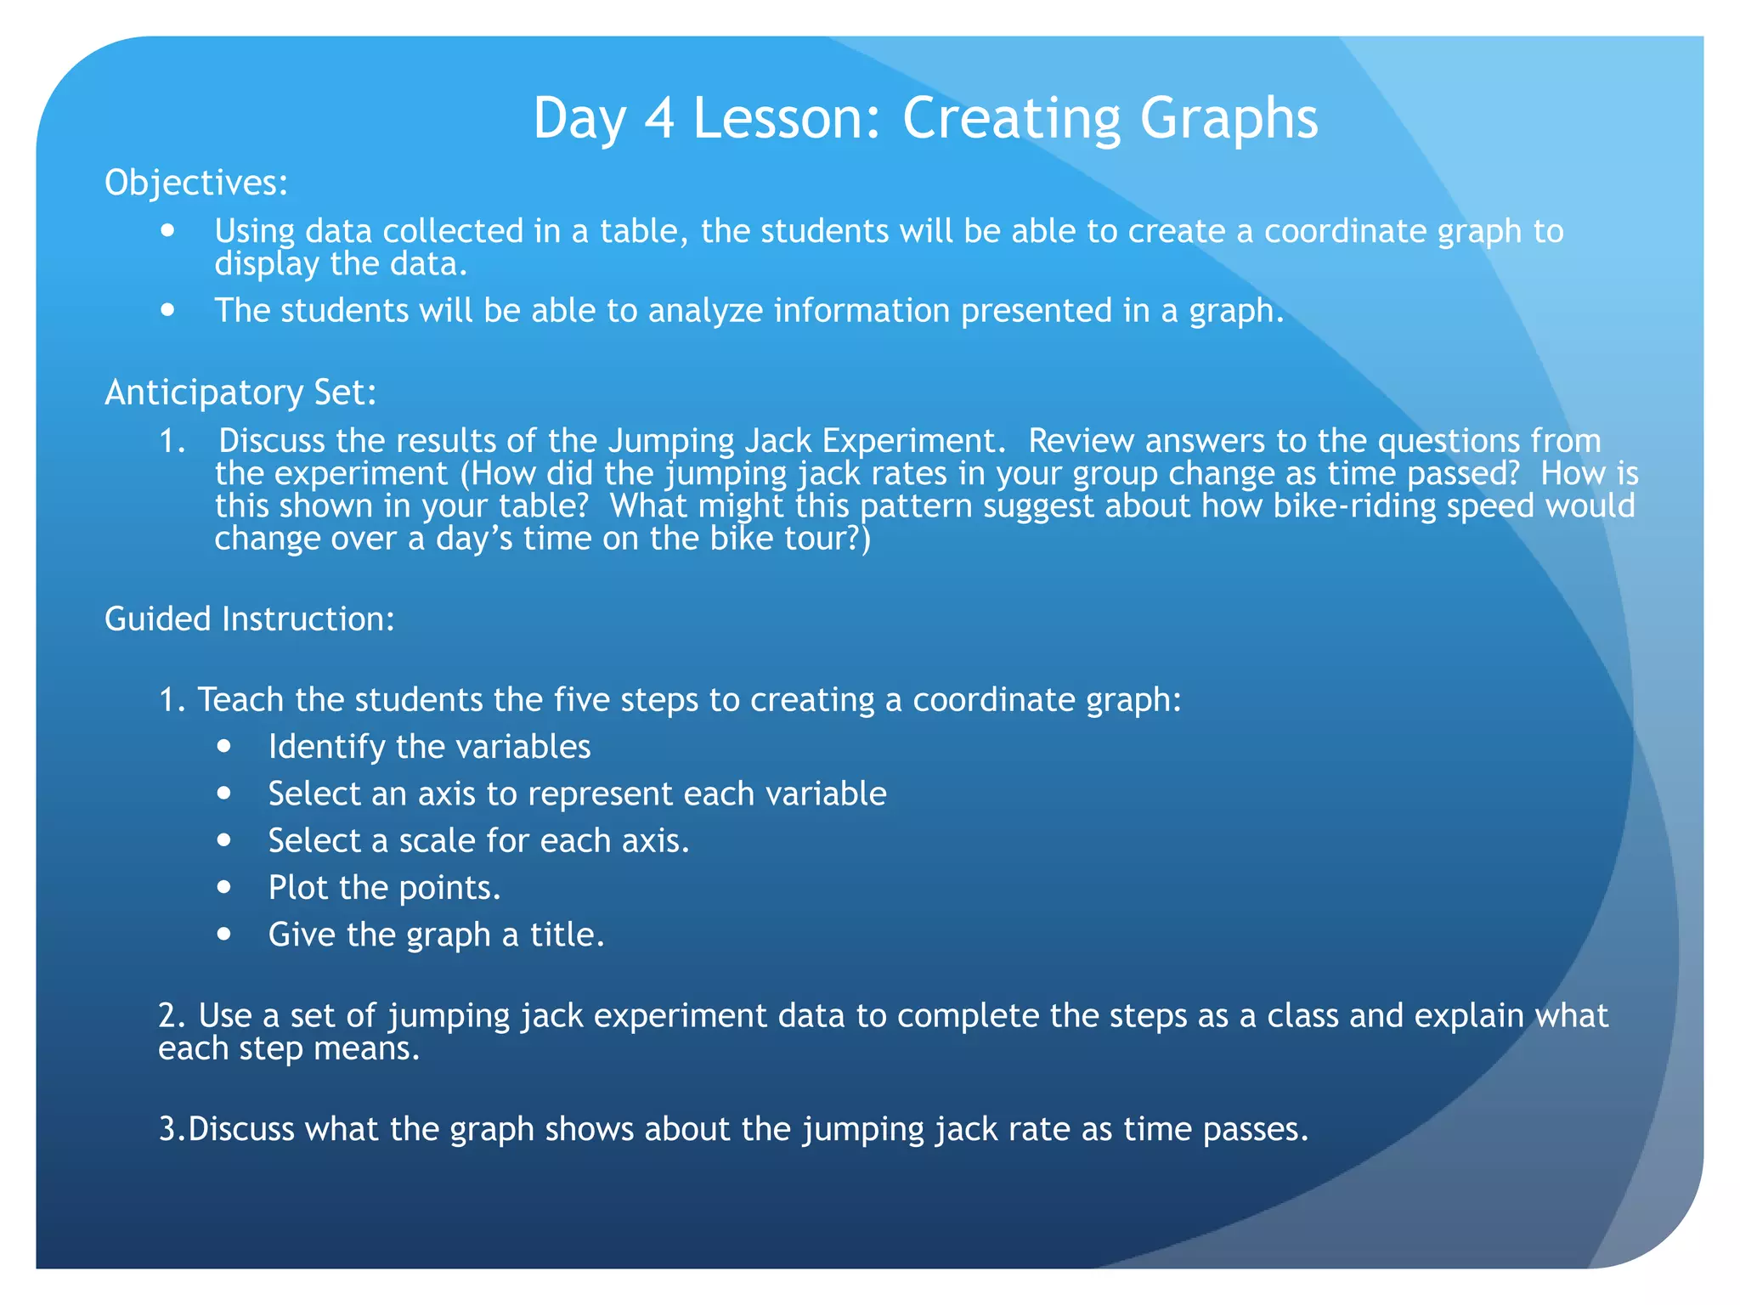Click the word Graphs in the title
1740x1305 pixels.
coord(1229,119)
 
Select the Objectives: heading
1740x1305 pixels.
coord(196,183)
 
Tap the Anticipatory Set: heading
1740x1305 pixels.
coord(240,393)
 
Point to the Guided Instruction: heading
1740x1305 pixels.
coord(250,619)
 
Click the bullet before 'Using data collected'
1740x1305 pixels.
coord(168,230)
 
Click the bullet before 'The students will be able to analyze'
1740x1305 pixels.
coord(168,310)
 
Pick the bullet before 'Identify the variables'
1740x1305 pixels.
coord(223,746)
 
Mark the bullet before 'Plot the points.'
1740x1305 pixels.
coord(223,887)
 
